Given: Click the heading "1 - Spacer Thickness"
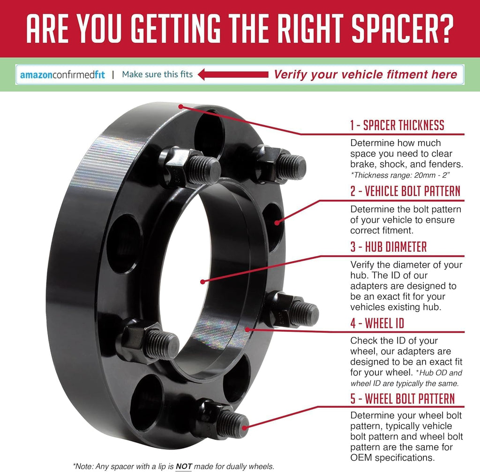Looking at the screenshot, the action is click(397, 125).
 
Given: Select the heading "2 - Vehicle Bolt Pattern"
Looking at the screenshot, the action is click(405, 191).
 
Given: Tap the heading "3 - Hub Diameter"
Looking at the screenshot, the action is click(389, 247).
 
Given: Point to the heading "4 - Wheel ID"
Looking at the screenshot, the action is click(377, 323).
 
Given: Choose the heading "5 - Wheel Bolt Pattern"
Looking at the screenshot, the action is click(403, 399).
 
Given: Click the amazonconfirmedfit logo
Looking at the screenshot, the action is click(62, 75).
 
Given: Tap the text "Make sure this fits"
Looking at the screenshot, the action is click(157, 75).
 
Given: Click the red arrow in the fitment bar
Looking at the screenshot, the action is click(233, 75).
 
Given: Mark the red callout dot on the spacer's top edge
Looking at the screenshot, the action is click(181, 107).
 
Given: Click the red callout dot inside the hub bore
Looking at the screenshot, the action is click(202, 282).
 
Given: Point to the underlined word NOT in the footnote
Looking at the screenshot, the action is click(184, 466).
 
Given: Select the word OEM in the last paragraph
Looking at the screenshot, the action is click(361, 458).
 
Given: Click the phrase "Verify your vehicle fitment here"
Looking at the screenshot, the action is click(365, 75).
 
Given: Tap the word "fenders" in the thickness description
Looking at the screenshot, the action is click(445, 164).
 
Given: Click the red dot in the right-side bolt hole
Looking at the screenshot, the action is click(277, 223).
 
